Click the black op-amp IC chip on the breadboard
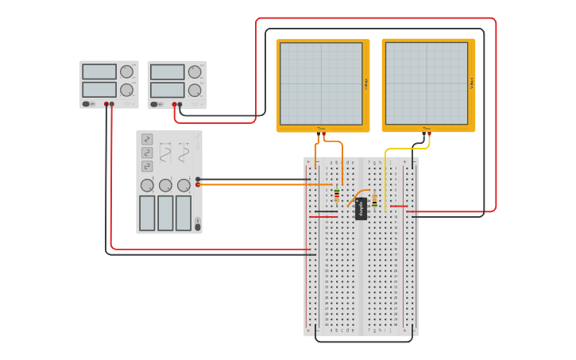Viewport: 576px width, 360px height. [361, 208]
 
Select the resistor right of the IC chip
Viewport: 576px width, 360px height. [374, 202]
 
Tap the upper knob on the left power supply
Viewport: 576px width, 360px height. [126, 72]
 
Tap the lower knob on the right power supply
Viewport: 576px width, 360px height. [195, 90]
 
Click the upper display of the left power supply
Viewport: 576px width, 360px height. [99, 72]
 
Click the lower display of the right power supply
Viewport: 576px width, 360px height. [167, 90]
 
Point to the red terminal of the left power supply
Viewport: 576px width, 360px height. [111, 104]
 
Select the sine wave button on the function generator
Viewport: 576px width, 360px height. [147, 139]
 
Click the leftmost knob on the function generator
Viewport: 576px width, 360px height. [147, 185]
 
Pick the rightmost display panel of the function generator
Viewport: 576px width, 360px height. [184, 212]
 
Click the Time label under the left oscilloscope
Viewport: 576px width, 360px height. [321, 128]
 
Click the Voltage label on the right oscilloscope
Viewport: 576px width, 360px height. [472, 83]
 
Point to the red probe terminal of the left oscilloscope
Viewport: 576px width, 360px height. [324, 134]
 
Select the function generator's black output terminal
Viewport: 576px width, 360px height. [198, 180]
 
